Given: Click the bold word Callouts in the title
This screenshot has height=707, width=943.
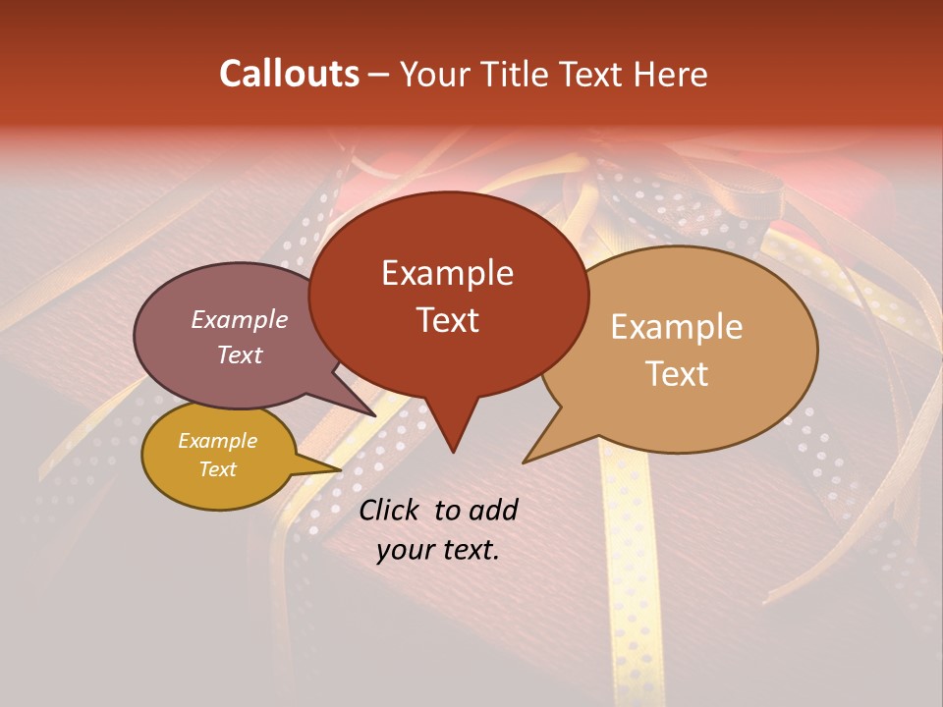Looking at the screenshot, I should click(x=289, y=74).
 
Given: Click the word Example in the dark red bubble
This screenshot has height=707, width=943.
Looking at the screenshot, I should click(x=447, y=273).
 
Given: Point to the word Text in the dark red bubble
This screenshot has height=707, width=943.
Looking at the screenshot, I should click(x=447, y=320).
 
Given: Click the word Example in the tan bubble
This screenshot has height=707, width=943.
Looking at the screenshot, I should click(x=677, y=327).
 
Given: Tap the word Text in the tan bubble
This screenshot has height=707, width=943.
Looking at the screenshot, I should click(x=677, y=373).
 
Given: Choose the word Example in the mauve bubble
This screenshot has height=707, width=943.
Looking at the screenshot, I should click(x=240, y=319).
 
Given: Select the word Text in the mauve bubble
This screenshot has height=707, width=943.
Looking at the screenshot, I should click(x=240, y=354).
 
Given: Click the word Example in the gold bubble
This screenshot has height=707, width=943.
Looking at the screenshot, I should click(x=217, y=441).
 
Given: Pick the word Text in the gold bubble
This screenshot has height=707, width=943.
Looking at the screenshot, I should click(x=217, y=469).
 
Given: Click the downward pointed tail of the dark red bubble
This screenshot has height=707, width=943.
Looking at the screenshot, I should click(x=453, y=442).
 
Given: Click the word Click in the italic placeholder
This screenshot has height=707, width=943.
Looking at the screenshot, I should click(x=392, y=510).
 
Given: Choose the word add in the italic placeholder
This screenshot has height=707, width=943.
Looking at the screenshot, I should click(x=492, y=510).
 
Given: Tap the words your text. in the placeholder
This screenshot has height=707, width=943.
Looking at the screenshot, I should click(x=438, y=550).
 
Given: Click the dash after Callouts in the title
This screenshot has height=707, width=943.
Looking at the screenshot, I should click(x=379, y=75).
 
